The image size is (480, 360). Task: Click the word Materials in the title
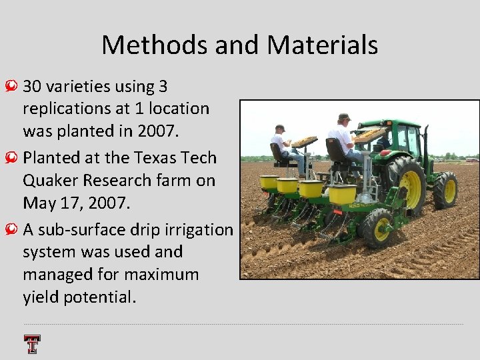pyautogui.click(x=323, y=45)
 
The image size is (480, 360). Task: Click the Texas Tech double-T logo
pyautogui.click(x=32, y=344)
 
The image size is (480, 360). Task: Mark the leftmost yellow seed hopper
pyautogui.click(x=269, y=182)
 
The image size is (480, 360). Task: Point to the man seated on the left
pyautogui.click(x=283, y=143)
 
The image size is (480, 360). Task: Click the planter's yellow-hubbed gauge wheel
pyautogui.click(x=376, y=228)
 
